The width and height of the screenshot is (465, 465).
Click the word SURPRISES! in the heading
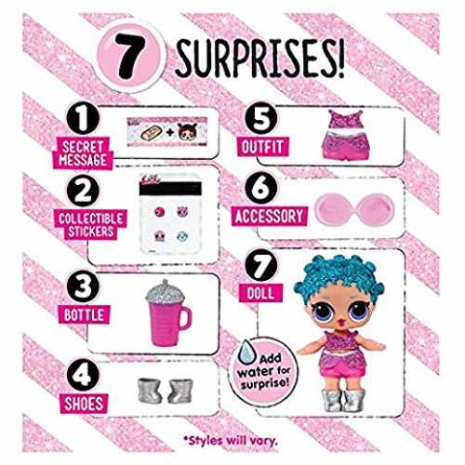(x=259, y=60)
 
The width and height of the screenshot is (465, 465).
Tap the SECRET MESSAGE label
(x=83, y=153)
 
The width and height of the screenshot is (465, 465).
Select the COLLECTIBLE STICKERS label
(x=91, y=225)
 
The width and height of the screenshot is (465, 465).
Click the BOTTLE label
(x=84, y=315)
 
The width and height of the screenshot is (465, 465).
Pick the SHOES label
(x=84, y=404)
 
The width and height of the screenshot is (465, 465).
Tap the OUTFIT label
(x=262, y=147)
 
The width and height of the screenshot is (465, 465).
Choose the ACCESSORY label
(x=269, y=216)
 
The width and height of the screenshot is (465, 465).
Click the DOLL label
(x=260, y=293)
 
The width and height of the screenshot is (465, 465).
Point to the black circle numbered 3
(x=83, y=286)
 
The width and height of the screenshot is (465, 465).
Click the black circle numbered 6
(x=261, y=188)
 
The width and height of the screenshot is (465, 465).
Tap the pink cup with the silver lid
(x=167, y=313)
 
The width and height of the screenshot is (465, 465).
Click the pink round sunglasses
(x=354, y=207)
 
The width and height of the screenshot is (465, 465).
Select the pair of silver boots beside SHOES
(x=166, y=391)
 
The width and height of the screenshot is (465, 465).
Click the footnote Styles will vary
(x=231, y=441)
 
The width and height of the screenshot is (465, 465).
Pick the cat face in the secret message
(x=187, y=131)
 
